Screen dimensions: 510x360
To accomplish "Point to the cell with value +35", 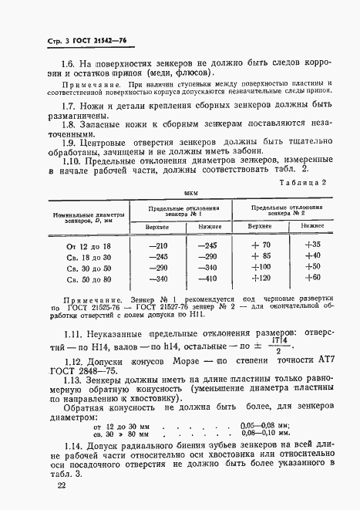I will (x=312, y=245).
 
